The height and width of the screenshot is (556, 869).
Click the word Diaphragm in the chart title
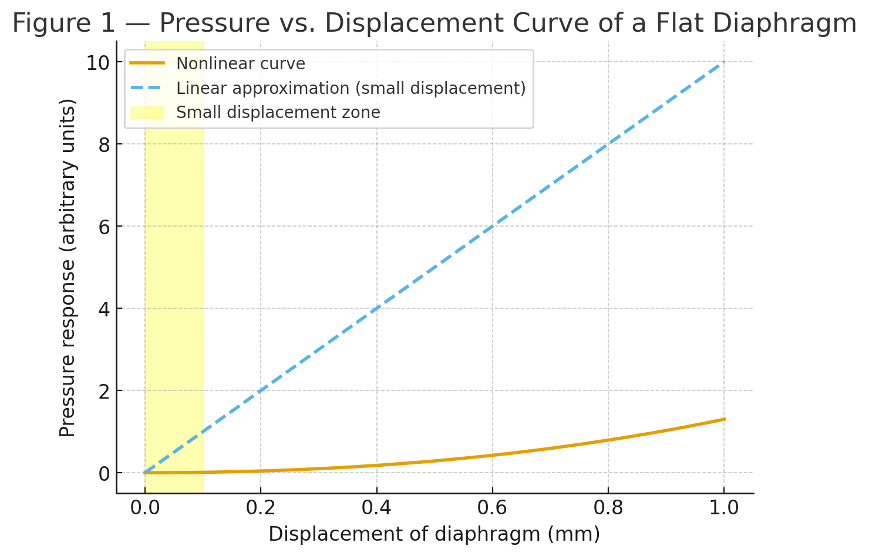tap(785, 24)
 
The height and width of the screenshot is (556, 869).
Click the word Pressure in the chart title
tap(214, 23)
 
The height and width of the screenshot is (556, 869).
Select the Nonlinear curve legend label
tap(241, 63)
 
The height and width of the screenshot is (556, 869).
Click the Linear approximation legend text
tap(351, 88)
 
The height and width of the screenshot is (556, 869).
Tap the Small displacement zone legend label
tap(278, 113)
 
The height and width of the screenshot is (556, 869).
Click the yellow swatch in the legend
tap(147, 113)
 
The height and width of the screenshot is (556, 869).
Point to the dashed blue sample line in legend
tap(147, 87)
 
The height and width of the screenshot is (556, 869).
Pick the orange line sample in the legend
tap(147, 63)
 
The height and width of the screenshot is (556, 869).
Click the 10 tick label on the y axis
tap(98, 63)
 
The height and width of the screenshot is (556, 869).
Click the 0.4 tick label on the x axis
tap(376, 508)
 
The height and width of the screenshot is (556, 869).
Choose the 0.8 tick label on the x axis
tap(608, 508)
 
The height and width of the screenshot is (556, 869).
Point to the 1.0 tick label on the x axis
tap(724, 508)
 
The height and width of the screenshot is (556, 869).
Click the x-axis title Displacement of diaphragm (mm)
tap(434, 535)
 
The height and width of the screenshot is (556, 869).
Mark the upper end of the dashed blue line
tap(724, 62)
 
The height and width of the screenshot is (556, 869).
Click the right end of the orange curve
tap(725, 419)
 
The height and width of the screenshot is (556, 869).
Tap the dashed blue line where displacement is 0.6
tap(492, 226)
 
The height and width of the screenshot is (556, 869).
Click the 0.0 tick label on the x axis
tap(144, 508)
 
